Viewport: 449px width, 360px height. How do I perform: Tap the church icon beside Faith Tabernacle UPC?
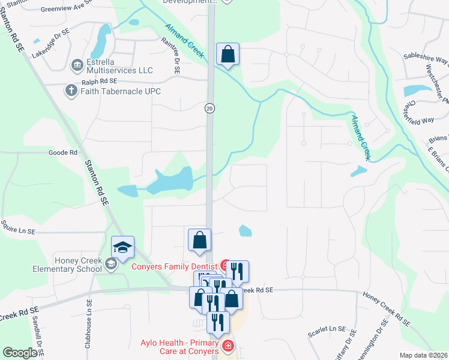click(x=71, y=91)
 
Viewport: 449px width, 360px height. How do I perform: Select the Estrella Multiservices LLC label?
click(x=120, y=65)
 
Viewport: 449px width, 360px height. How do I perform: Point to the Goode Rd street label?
click(x=63, y=153)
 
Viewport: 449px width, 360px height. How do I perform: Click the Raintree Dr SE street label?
click(x=171, y=55)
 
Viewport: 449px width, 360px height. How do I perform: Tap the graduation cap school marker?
click(x=122, y=247)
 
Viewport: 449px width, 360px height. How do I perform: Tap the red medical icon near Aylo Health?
click(x=228, y=346)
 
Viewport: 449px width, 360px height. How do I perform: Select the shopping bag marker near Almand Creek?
click(x=228, y=54)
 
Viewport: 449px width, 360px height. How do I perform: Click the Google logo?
click(x=20, y=353)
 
